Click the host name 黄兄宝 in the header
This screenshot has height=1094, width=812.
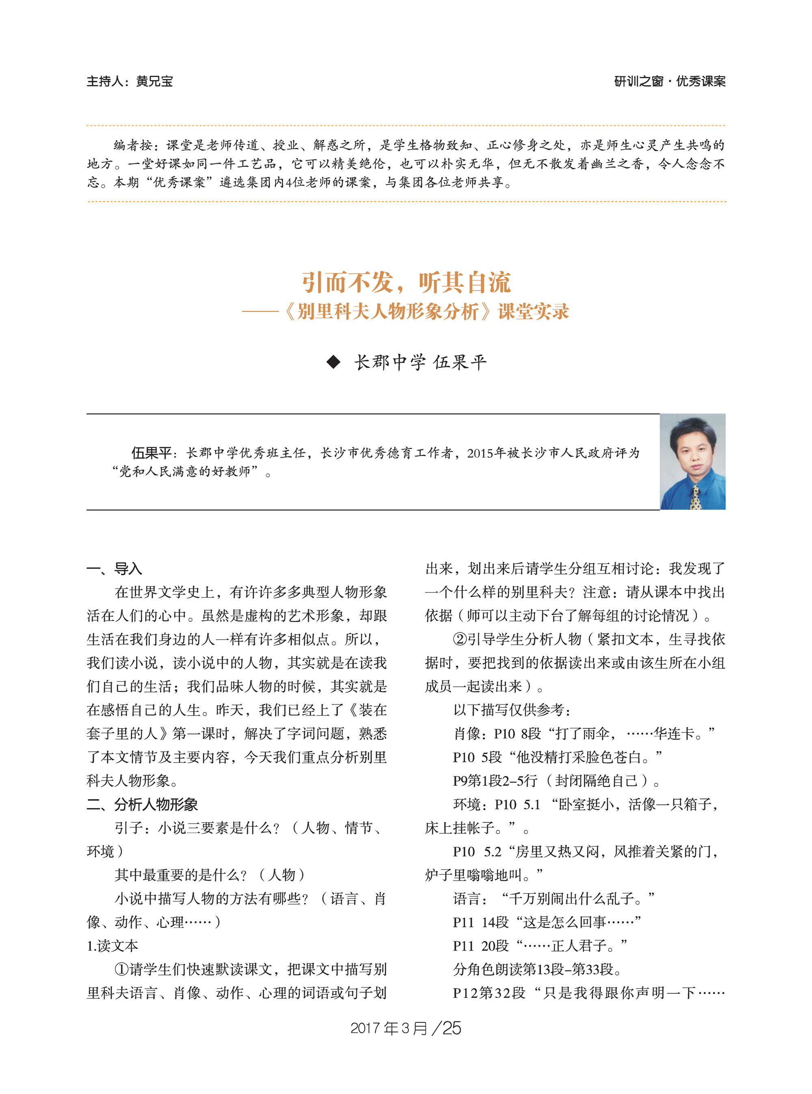point(154,81)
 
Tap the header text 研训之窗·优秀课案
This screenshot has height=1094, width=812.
point(669,81)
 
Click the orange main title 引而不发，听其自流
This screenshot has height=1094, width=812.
point(406,282)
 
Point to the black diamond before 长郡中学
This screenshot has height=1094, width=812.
point(333,362)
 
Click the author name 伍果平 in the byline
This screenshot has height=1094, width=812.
point(460,362)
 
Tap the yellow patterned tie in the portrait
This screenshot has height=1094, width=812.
point(695,497)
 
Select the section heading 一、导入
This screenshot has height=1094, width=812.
point(114,569)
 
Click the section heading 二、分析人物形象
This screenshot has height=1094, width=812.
point(142,804)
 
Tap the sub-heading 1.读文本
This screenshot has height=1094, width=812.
point(112,945)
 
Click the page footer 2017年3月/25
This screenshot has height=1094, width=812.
point(406,1028)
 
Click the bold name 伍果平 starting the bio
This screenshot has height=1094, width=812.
point(151,452)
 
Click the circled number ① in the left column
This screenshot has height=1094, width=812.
point(121,969)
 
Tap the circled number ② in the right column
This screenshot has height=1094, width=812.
point(459,639)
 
